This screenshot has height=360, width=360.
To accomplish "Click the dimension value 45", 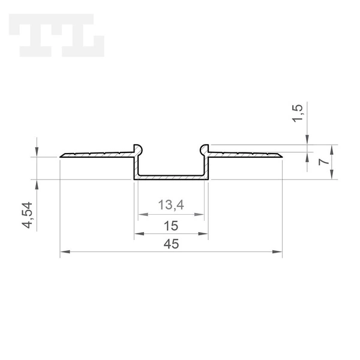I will pos(171,244).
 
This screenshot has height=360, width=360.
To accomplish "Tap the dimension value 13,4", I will pos(170,206).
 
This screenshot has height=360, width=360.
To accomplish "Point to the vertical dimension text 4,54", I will pos(27,215).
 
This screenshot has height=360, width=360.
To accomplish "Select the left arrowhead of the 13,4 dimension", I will pos(141,215).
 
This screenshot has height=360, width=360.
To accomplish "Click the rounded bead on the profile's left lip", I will pos(137,148).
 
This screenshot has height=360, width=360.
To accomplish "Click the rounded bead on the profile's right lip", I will pos(205,148).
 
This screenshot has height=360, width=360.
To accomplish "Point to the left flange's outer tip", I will pos(61,157).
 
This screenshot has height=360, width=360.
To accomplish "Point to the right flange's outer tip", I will pos(281,157).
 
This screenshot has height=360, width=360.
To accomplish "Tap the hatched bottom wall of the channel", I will pos(171,178).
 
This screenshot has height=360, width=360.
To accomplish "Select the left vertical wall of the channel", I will pos(135,165).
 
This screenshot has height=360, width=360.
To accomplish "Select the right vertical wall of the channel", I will pos(207,165).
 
